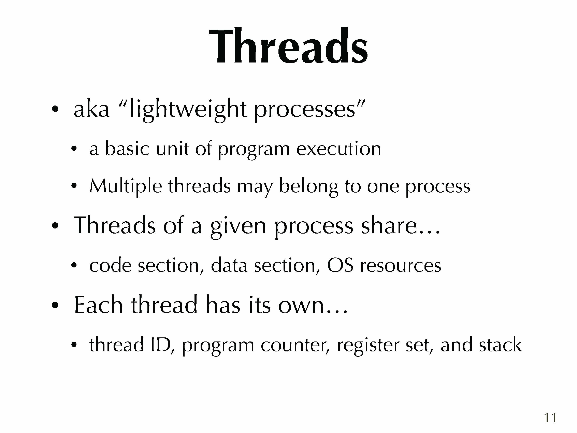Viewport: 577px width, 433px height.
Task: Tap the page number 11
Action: point(550,418)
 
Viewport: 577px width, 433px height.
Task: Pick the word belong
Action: point(309,187)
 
